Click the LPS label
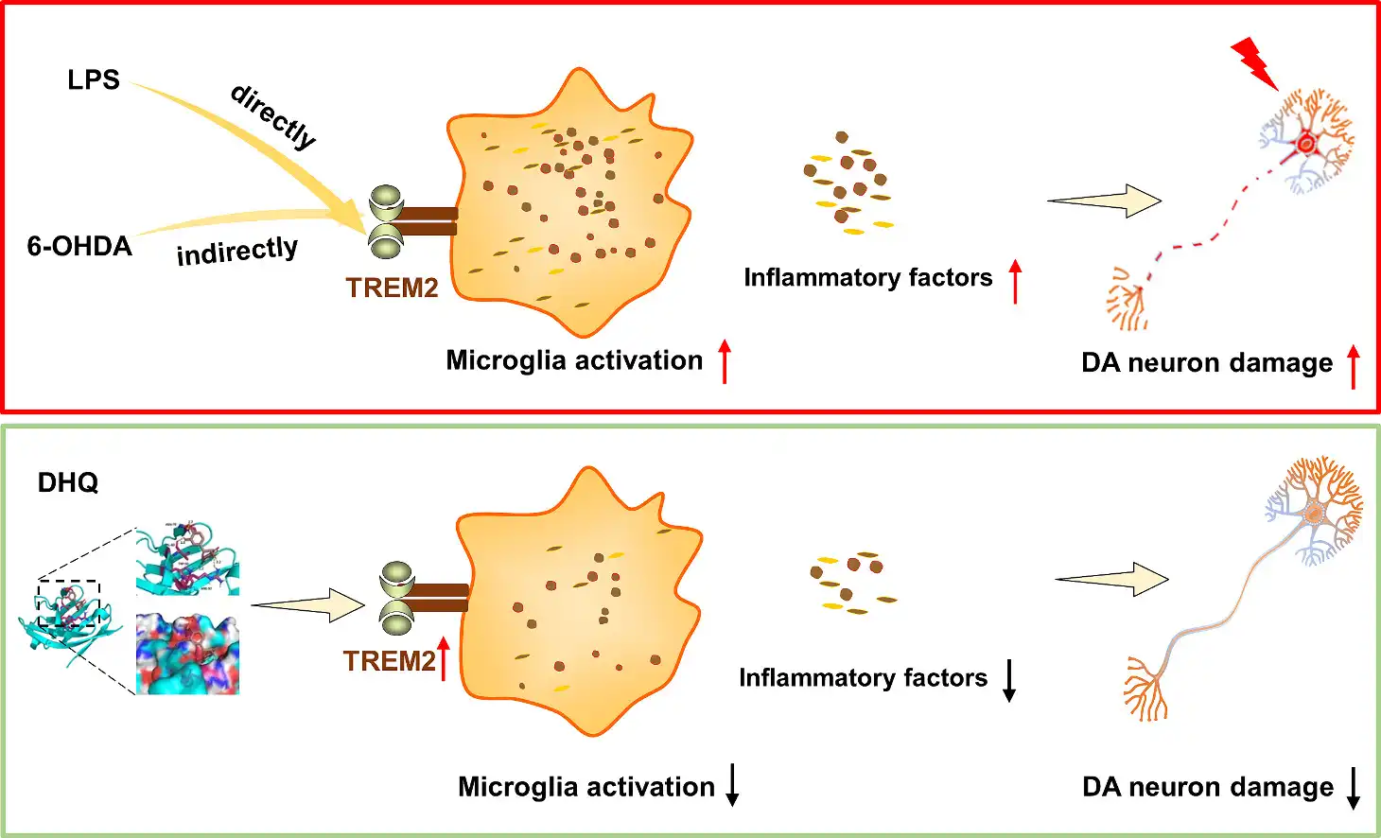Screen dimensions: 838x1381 (x=94, y=80)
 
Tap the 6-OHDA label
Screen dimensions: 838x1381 (x=79, y=247)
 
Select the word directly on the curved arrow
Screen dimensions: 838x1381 (x=273, y=116)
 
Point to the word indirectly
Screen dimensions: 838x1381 (x=237, y=252)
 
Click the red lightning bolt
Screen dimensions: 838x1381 (x=1254, y=62)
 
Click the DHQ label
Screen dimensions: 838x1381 (x=68, y=483)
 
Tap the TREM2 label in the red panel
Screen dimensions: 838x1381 (x=392, y=288)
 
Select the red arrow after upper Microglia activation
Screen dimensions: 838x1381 (x=725, y=361)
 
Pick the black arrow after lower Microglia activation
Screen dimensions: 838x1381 (x=732, y=786)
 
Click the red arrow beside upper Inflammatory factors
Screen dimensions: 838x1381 (x=1015, y=281)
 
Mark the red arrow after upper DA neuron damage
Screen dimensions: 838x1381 (x=1354, y=367)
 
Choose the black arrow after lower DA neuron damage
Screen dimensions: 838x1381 (x=1354, y=788)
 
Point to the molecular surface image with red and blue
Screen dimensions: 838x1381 (x=187, y=654)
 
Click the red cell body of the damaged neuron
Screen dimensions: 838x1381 (x=1306, y=144)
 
